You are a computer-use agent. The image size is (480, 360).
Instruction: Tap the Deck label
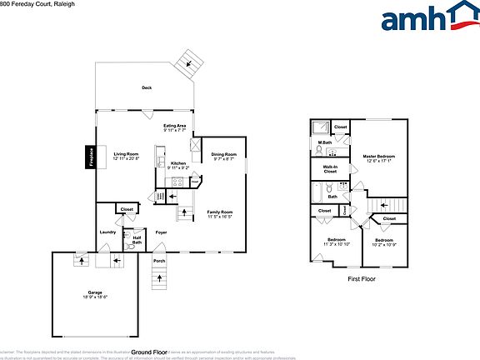click(147, 87)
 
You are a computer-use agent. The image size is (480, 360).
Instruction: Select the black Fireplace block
click(90, 157)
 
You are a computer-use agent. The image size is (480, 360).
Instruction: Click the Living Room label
click(126, 154)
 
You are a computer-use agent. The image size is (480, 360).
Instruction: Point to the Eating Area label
click(175, 126)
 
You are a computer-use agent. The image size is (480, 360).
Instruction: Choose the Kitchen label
click(178, 163)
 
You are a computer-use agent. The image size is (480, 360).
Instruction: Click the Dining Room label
click(222, 154)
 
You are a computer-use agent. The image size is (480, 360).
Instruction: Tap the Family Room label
click(220, 212)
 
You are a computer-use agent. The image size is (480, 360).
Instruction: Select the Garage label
click(96, 292)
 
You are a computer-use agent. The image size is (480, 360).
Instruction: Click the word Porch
click(158, 261)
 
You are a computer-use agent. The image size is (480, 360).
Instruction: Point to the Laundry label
click(107, 232)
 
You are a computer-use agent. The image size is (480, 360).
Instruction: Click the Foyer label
click(161, 232)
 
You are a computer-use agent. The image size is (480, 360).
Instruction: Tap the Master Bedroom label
click(378, 156)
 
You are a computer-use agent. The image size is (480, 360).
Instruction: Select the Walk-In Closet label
click(330, 169)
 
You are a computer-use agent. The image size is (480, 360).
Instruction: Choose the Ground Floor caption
click(150, 352)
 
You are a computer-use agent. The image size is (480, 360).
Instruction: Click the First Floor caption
click(362, 279)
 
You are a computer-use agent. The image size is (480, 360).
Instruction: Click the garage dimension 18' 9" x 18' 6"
click(96, 297)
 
